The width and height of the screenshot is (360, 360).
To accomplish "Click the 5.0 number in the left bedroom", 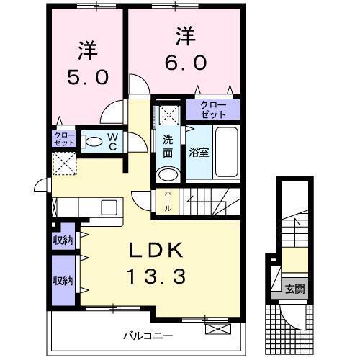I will (88, 76).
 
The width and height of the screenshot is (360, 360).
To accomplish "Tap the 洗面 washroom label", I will (167, 146).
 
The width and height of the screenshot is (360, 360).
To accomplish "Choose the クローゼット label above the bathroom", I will (213, 109).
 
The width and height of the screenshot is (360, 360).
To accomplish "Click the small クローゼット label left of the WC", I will (63, 138).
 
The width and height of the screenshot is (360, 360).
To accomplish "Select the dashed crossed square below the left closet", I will (64, 164).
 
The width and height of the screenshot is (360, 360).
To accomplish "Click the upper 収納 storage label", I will (62, 240).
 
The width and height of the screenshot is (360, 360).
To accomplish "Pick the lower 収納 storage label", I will (62, 279).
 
